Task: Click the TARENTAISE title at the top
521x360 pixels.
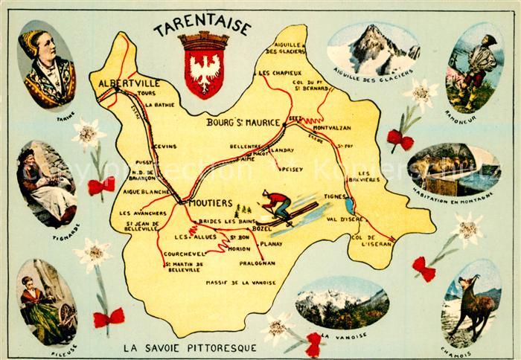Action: click(x=202, y=29)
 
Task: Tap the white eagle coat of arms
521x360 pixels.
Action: click(x=201, y=70)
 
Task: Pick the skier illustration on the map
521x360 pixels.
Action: click(x=281, y=208)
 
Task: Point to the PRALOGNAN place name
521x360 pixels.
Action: click(x=258, y=263)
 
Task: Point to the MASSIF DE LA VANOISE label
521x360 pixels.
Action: click(x=242, y=283)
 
